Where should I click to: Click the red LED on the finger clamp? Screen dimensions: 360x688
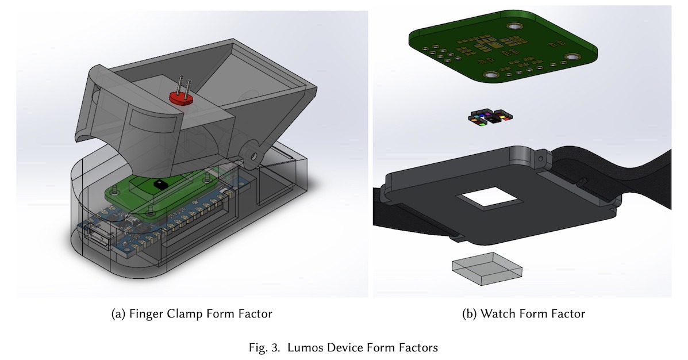(x=180, y=98)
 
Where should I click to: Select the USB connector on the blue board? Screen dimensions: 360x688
(x=98, y=236)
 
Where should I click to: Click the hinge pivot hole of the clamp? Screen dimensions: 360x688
(x=251, y=154)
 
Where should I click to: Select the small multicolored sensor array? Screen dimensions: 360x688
(x=489, y=118)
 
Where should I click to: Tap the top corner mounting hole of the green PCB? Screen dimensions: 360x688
(x=513, y=27)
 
